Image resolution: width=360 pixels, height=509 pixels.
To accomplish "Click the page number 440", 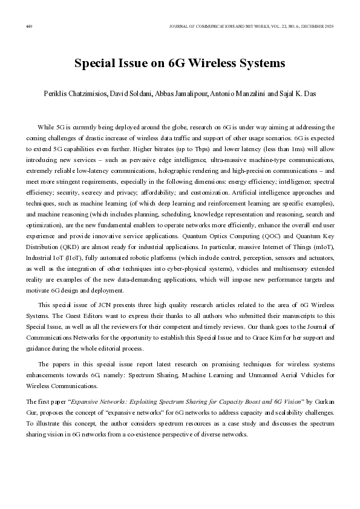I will tap(28, 26).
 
